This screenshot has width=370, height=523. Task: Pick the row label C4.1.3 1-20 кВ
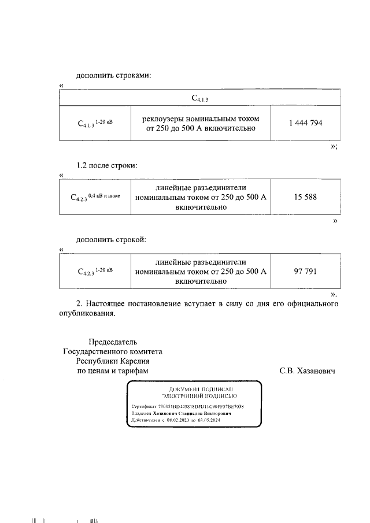click(95, 123)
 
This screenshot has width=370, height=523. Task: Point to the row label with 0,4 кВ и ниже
click(95, 197)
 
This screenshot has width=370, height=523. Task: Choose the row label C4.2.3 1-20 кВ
click(95, 271)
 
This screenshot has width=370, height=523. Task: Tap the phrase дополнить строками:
click(113, 76)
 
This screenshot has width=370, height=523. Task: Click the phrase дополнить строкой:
click(112, 239)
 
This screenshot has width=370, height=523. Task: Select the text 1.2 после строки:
click(107, 165)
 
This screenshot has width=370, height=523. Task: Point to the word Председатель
click(113, 342)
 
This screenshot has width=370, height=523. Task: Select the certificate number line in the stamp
click(188, 406)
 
